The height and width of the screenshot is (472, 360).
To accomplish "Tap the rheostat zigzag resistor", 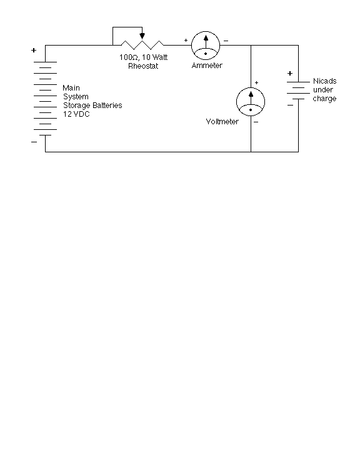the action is click(x=142, y=45).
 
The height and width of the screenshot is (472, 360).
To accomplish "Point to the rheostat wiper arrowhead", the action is click(x=142, y=36).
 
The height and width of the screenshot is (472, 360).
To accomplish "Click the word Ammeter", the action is click(x=207, y=66).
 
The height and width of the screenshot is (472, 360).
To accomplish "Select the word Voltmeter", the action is click(x=222, y=122).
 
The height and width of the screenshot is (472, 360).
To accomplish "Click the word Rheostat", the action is click(x=143, y=66).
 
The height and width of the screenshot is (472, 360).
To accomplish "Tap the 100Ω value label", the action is click(x=129, y=57).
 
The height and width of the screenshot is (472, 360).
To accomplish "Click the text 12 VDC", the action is click(x=76, y=114).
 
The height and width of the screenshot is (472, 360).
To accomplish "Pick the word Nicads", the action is click(x=325, y=81).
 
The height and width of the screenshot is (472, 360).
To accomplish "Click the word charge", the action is click(x=324, y=99).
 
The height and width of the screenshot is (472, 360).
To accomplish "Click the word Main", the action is click(x=71, y=88).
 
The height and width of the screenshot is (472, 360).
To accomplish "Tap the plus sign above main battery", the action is click(x=34, y=51).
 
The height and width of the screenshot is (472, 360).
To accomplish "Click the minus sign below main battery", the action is click(x=34, y=142).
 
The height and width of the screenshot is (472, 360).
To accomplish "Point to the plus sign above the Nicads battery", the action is click(x=290, y=73).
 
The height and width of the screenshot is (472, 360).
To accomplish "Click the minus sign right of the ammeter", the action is click(x=226, y=41).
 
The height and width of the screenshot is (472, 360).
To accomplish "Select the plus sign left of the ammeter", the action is click(x=186, y=40).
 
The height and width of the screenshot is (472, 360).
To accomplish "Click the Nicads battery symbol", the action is click(x=298, y=91).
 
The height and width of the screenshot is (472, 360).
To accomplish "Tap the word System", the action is click(x=76, y=97).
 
